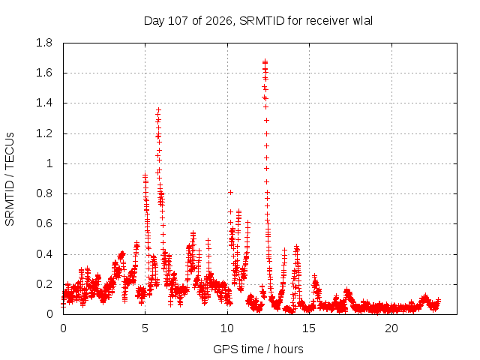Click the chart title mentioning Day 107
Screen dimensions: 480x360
click(258, 21)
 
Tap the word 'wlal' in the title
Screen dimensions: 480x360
click(362, 21)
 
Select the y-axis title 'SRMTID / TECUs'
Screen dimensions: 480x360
click(10, 179)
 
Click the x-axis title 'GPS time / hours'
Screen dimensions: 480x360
click(258, 349)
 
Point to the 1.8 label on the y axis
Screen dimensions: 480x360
click(44, 43)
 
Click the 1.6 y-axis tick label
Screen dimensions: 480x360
click(44, 73)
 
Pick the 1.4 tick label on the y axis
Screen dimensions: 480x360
click(44, 103)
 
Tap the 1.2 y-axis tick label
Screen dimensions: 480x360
click(44, 133)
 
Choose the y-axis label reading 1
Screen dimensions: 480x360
click(49, 163)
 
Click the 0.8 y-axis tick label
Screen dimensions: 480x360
click(44, 193)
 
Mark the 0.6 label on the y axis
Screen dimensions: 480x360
click(44, 223)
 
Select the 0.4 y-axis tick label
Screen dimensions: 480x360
click(44, 254)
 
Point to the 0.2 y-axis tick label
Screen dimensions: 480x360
click(44, 284)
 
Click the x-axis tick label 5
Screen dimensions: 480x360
click(145, 328)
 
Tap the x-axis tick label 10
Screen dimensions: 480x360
click(227, 328)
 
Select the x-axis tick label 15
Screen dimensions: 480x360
click(309, 328)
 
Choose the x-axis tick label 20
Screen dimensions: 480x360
click(391, 328)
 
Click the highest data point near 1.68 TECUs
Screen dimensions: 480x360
click(265, 61)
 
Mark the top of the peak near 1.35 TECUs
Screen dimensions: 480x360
click(158, 109)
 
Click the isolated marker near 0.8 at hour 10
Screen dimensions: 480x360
click(230, 192)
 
